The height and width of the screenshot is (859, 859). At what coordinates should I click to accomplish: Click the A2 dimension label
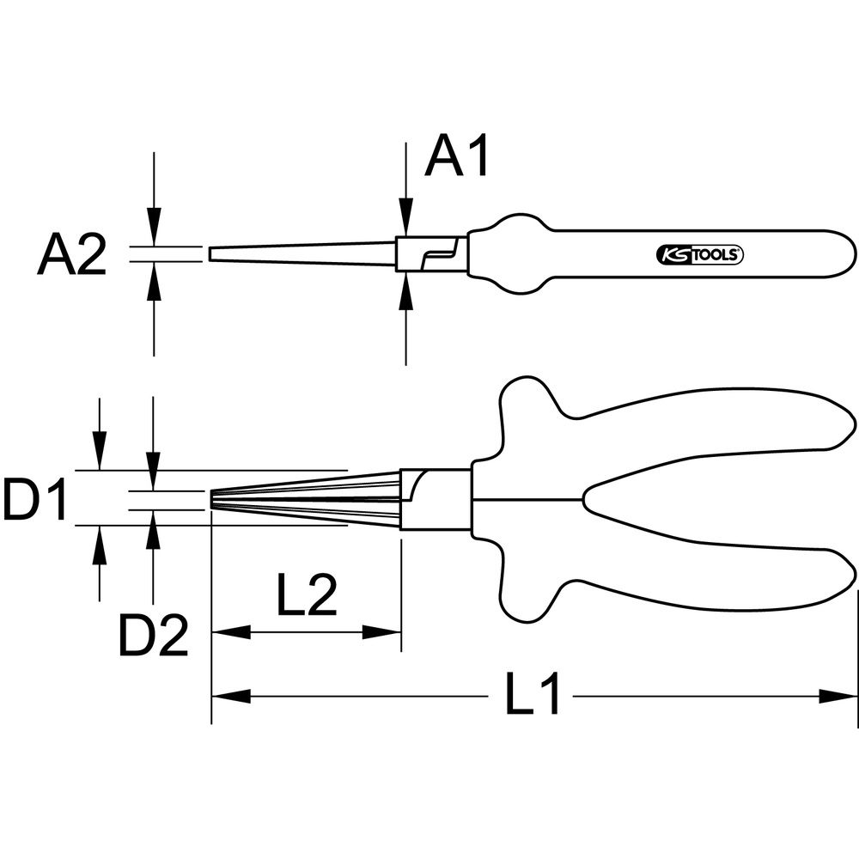point(72,253)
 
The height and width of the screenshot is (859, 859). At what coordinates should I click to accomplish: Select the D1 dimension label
point(34,498)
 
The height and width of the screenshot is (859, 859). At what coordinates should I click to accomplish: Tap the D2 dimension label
point(154,636)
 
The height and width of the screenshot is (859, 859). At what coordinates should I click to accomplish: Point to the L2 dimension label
point(307,594)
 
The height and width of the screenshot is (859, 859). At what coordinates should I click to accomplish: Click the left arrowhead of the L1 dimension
point(230,697)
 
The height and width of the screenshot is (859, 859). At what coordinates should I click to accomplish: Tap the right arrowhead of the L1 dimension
point(838,697)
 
